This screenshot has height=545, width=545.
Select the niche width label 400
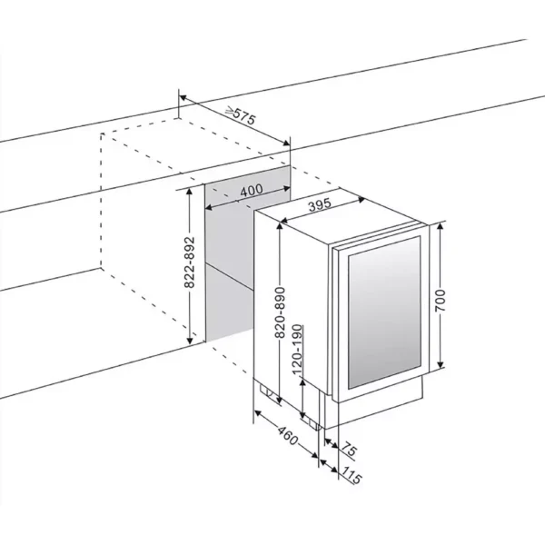252,191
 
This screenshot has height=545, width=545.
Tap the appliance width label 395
318,206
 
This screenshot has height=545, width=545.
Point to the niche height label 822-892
189,264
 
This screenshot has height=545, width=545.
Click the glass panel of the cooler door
381,309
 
